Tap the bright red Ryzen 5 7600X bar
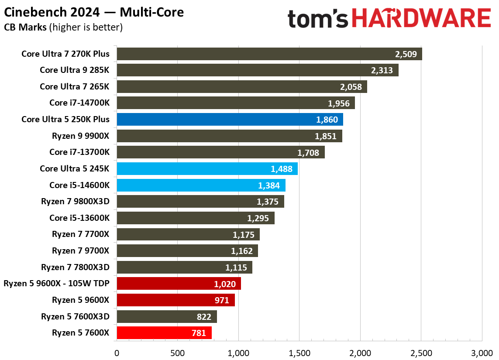[x=164, y=333]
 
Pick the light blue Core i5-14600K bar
[x=201, y=185]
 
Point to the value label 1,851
[x=325, y=136]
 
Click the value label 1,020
[x=225, y=284]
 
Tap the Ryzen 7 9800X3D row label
[x=75, y=202]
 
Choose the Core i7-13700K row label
[x=79, y=152]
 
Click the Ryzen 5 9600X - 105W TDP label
[x=56, y=284]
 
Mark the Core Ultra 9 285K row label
[x=74, y=70]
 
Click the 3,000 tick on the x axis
[x=482, y=352]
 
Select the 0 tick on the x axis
[x=117, y=352]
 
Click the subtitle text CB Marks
[x=25, y=27]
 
